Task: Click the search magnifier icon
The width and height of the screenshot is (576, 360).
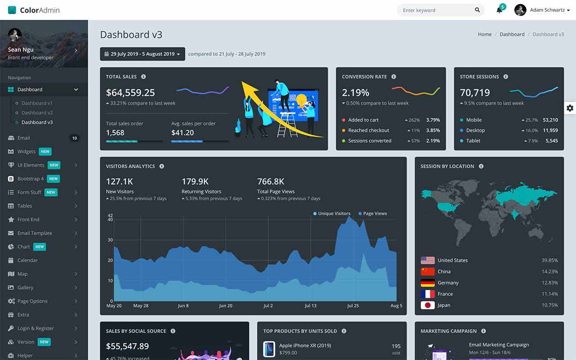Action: [x=477, y=10]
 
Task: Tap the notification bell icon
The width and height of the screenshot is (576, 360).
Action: [x=499, y=10]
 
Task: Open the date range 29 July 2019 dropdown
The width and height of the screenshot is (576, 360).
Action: [x=142, y=54]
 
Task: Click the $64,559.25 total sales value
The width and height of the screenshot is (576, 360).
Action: [x=130, y=93]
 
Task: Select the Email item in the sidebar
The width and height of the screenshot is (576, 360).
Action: [x=23, y=138]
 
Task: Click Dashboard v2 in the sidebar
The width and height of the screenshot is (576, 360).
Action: [x=37, y=113]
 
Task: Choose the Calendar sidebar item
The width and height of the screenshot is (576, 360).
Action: [x=27, y=261]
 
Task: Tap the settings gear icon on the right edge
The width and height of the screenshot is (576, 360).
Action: [x=570, y=108]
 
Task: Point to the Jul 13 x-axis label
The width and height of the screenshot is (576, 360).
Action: [x=310, y=306]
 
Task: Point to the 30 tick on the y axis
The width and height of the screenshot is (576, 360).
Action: [x=110, y=240]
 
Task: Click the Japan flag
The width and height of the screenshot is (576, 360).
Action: [x=427, y=305]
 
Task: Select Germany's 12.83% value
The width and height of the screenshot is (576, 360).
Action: [x=550, y=283]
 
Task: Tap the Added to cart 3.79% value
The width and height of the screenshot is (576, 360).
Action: [x=433, y=120]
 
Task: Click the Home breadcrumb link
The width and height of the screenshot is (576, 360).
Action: [x=485, y=34]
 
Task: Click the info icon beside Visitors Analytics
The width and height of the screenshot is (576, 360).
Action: [x=162, y=166]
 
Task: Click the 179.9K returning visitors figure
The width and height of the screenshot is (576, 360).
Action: [x=195, y=182]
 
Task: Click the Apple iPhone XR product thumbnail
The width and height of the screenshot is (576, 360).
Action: [x=269, y=349]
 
